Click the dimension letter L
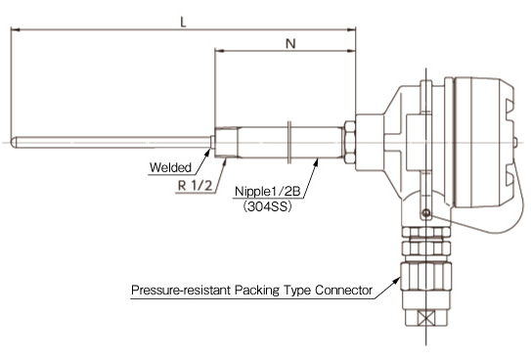[x=182, y=20]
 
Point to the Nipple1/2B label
[x=267, y=193]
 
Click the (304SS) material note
[x=265, y=207]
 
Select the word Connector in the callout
[x=343, y=291]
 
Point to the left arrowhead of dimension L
[x=13, y=29]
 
